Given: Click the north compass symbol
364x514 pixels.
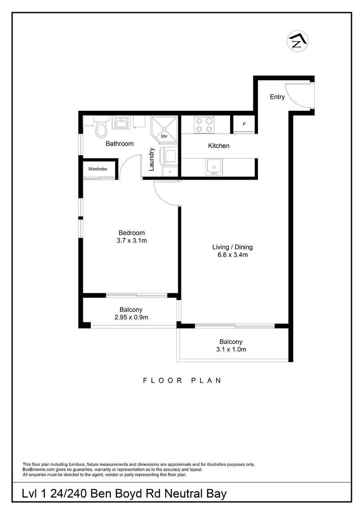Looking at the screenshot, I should pyautogui.click(x=296, y=41).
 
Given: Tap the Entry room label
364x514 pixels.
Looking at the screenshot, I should pyautogui.click(x=277, y=97).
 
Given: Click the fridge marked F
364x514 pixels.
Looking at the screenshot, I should pyautogui.click(x=244, y=124).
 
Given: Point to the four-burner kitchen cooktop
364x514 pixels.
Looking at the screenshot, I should pyautogui.click(x=204, y=124).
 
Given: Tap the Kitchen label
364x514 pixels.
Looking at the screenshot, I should pyautogui.click(x=219, y=146).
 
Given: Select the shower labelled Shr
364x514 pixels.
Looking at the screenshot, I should pyautogui.click(x=164, y=127).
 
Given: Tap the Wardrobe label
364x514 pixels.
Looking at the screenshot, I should pyautogui.click(x=97, y=169).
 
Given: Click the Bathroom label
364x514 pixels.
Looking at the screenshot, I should pyautogui.click(x=120, y=144).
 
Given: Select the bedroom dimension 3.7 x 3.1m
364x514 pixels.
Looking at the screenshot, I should pyautogui.click(x=131, y=240).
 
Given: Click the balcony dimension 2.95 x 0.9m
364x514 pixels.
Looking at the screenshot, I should pyautogui.click(x=131, y=317).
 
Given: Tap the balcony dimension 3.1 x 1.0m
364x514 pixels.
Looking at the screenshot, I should pyautogui.click(x=231, y=350).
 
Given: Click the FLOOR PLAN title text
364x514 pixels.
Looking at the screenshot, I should pyautogui.click(x=182, y=381).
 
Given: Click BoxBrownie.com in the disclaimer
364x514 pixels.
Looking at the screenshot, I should pyautogui.click(x=38, y=470).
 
